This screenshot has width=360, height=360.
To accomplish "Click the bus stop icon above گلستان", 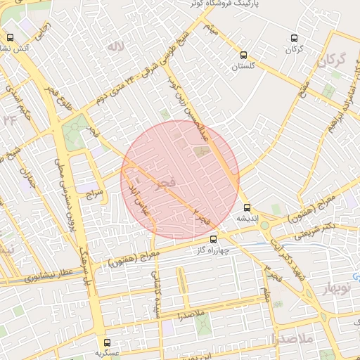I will [x=244, y=55].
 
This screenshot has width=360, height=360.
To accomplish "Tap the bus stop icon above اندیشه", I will [x=247, y=207].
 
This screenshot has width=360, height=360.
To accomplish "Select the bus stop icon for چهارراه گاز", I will [x=214, y=239].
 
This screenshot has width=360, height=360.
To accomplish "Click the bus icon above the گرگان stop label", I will [x=294, y=39].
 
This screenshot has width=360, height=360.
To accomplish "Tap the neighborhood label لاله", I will [x=116, y=46].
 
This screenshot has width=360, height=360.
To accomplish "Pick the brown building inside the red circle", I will [x=201, y=150].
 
